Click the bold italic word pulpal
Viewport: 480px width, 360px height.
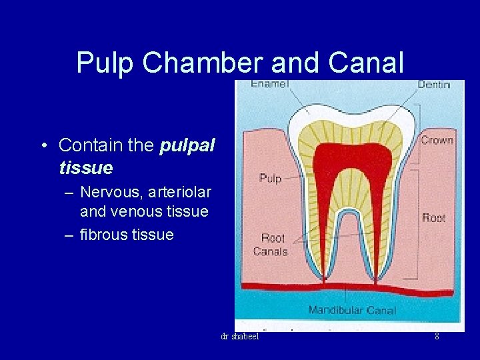pyautogui.click(x=187, y=145)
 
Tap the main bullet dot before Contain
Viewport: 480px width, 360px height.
pyautogui.click(x=42, y=145)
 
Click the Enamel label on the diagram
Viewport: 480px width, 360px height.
pyautogui.click(x=269, y=84)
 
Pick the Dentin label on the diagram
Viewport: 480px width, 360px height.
pyautogui.click(x=433, y=85)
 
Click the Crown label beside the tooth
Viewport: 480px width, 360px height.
pyautogui.click(x=437, y=140)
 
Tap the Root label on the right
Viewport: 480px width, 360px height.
pyautogui.click(x=434, y=217)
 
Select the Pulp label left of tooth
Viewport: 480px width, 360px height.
pyautogui.click(x=270, y=178)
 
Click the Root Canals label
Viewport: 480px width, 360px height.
pyautogui.click(x=271, y=245)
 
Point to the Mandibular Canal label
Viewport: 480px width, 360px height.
pyautogui.click(x=352, y=310)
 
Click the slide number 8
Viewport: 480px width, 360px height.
pyautogui.click(x=437, y=337)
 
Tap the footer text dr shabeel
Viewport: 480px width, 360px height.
pyautogui.click(x=239, y=337)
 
